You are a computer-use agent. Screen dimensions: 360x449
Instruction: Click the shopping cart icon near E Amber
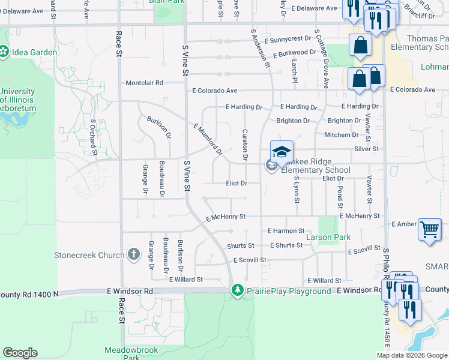pos(429,229)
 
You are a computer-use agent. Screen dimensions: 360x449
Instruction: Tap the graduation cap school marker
pos(281,151)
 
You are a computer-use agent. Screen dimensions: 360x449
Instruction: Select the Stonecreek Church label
pos(89,255)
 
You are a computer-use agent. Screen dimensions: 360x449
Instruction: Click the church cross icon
pos(134,255)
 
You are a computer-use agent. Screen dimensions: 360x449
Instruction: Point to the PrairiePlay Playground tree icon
pos(238,290)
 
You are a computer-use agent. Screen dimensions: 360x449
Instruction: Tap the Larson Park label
pos(328,238)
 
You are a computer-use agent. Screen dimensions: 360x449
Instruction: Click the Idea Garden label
pos(33,52)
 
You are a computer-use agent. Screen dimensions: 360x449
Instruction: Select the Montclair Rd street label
pos(144,83)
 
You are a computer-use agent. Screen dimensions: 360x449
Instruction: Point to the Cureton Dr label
pos(245,145)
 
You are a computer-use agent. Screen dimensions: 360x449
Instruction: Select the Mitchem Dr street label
pos(341,135)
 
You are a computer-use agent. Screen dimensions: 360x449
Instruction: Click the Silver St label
pos(366,149)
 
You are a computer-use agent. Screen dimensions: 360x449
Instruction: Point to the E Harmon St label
pos(286,230)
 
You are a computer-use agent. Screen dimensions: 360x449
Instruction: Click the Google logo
pos(20,353)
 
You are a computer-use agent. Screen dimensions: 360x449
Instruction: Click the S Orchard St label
pos(94,136)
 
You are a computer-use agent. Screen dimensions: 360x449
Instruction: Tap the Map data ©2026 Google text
pos(411,355)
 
